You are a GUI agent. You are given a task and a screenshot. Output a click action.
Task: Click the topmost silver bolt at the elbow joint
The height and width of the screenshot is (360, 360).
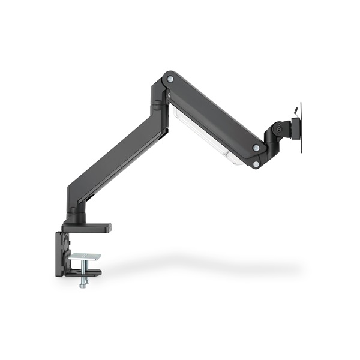click(x=170, y=79)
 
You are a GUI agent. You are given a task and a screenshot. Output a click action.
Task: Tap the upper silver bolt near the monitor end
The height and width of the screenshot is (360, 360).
click(x=256, y=148)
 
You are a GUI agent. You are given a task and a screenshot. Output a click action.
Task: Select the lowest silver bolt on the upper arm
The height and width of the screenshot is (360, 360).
click(x=256, y=163)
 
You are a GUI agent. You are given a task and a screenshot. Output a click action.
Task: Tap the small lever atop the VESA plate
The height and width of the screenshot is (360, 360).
click(x=295, y=110)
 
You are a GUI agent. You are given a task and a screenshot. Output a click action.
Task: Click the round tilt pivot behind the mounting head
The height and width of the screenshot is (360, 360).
click(x=277, y=128)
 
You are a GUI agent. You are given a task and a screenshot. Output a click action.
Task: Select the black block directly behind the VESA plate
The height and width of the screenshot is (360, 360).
click(x=294, y=128)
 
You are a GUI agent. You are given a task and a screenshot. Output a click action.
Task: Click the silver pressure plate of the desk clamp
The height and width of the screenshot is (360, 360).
click(x=84, y=257)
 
